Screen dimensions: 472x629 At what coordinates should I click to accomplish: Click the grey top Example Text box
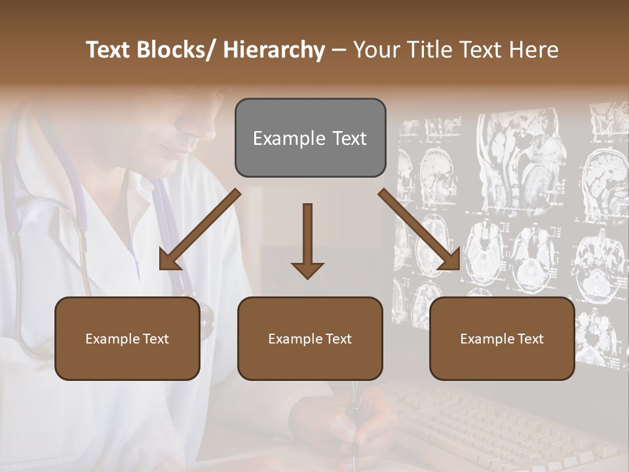[310, 138]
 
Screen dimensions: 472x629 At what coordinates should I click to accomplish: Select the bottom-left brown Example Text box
[127, 338]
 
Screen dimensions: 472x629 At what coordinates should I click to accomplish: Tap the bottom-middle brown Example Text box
[310, 338]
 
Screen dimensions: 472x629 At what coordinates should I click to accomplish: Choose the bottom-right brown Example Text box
[502, 338]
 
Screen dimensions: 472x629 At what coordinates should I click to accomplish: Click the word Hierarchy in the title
[273, 50]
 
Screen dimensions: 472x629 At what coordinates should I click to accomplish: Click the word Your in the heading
[375, 50]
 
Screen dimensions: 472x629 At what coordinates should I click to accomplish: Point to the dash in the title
[339, 50]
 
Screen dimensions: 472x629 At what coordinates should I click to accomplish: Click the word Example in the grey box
[280, 138]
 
